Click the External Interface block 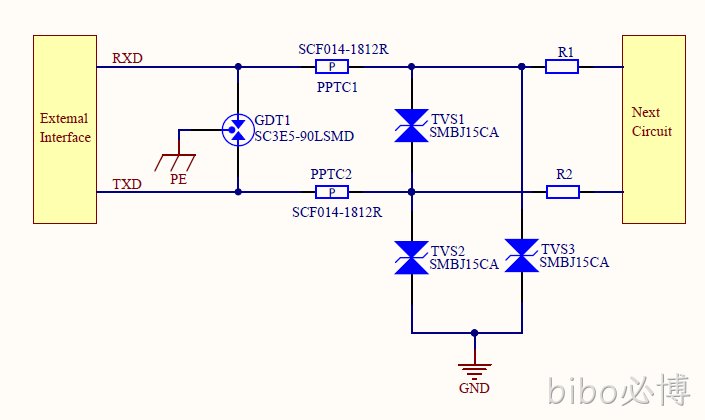65,130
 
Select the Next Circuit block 654,130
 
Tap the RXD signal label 127,58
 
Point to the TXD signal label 127,184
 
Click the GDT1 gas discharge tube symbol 238,130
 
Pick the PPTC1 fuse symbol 332,67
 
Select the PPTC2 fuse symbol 332,192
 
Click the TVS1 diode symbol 411,125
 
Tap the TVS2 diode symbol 411,258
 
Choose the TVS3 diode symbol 522,255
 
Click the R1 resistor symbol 562,67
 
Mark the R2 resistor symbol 563,192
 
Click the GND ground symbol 474,370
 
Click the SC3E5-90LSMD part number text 304,136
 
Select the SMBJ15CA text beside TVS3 574,262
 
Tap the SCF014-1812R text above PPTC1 344,49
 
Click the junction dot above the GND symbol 474,333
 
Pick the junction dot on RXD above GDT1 238,67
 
